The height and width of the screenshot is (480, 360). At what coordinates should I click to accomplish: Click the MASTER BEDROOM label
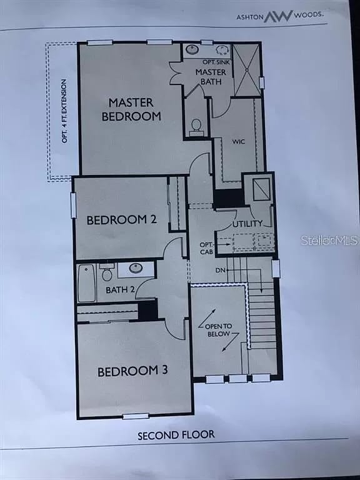[x=134, y=109]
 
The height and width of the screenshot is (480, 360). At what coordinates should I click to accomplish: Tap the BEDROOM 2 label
[x=121, y=220]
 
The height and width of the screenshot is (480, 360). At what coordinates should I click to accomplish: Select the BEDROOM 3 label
[x=132, y=371]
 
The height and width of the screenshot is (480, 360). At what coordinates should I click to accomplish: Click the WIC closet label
[x=237, y=142]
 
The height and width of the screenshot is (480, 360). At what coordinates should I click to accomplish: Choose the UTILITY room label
[x=247, y=224]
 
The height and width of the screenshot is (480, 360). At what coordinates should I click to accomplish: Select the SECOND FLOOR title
[x=176, y=434]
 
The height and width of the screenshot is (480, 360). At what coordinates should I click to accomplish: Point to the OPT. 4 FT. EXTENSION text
[x=64, y=111]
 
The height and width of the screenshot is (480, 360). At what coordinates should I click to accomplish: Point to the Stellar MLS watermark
[x=329, y=240]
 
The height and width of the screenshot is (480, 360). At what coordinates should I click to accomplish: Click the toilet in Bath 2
[x=107, y=273]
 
